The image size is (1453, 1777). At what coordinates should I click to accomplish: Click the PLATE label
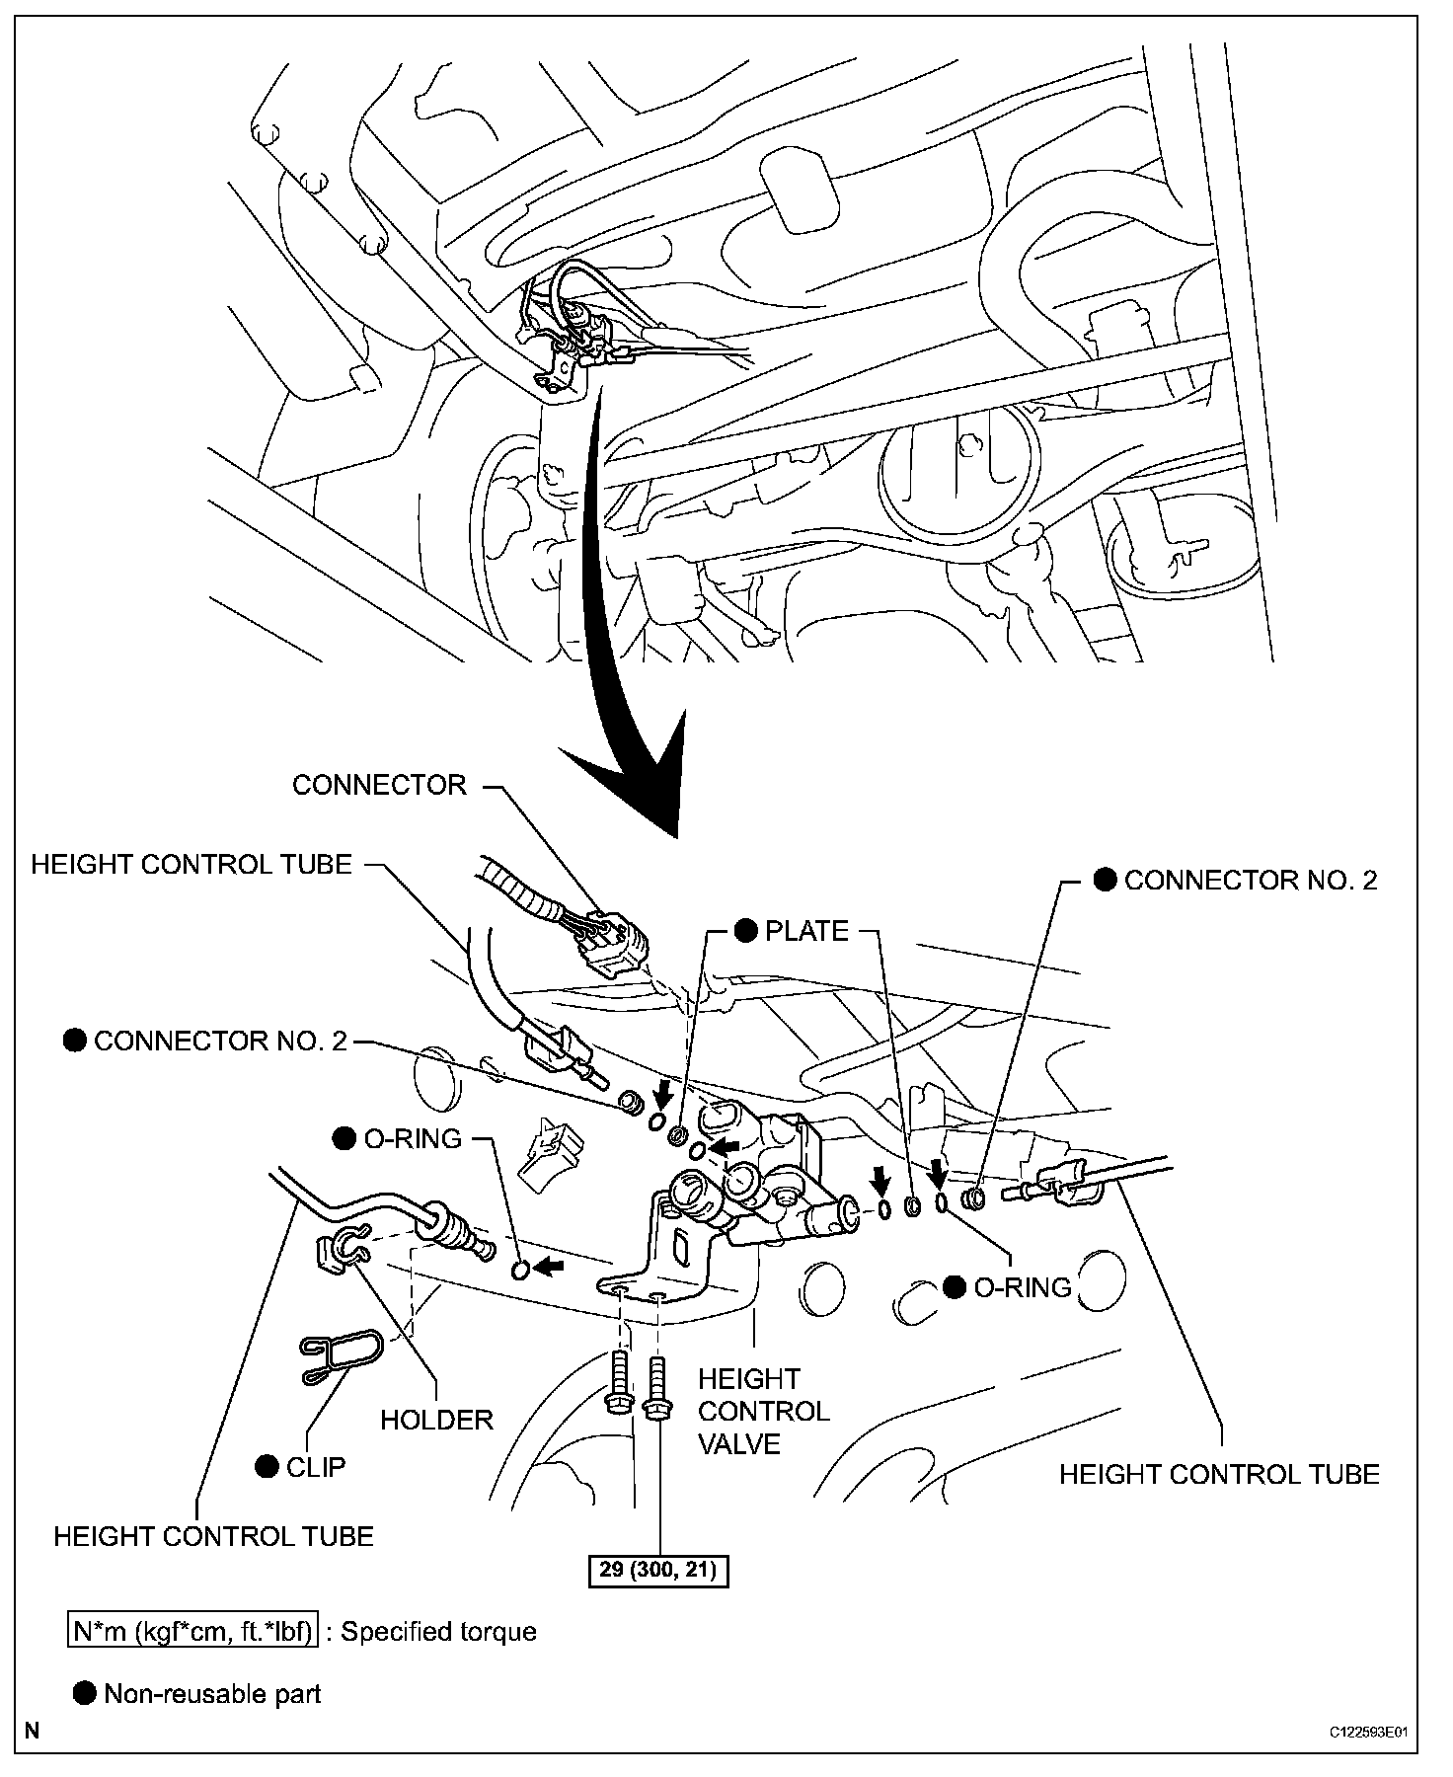[x=806, y=931]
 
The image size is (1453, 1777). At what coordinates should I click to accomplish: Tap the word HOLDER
[x=436, y=1420]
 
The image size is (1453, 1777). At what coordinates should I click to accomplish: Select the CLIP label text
[x=316, y=1467]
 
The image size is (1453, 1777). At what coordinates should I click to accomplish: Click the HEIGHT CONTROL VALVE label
[x=763, y=1411]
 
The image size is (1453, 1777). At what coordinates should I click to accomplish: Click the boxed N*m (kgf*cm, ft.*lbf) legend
[x=193, y=1631]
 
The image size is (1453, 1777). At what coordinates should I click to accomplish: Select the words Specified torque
[x=438, y=1631]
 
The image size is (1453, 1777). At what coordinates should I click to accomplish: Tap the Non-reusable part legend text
[x=212, y=1694]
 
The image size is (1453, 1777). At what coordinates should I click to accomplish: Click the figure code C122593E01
[x=1366, y=1732]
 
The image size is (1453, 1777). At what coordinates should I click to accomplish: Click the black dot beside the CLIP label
[x=266, y=1467]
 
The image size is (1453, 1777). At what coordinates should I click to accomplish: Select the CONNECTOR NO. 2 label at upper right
[x=1250, y=881]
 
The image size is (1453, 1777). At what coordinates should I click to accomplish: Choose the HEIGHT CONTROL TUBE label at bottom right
[x=1219, y=1475]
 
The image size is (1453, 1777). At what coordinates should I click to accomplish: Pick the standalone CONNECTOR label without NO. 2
[x=379, y=785]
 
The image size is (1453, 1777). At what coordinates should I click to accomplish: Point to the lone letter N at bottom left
[x=34, y=1730]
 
